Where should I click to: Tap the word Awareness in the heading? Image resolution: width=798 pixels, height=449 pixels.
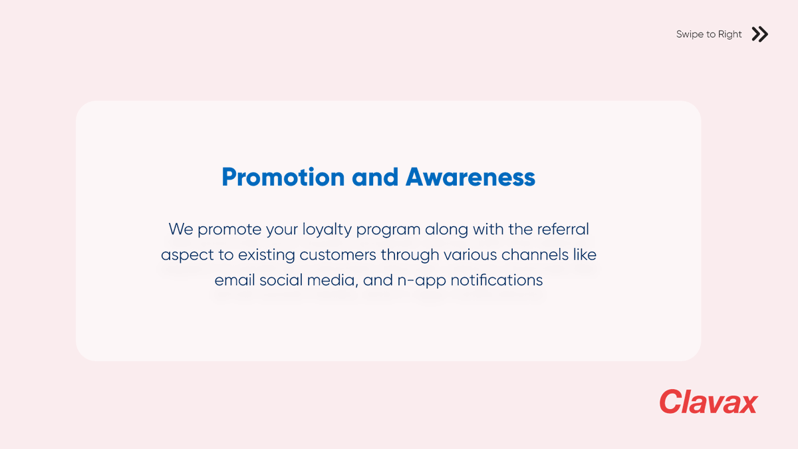(x=470, y=177)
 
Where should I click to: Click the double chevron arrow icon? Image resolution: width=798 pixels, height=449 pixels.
(x=759, y=34)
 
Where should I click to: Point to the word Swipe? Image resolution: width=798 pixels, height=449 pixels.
(x=690, y=34)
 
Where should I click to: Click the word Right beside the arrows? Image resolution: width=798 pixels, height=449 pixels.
(x=730, y=34)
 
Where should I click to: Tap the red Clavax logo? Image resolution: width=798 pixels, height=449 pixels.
(x=708, y=402)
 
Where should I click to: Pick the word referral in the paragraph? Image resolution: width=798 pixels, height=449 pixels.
(x=563, y=229)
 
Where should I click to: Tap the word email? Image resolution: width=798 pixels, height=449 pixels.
(x=235, y=280)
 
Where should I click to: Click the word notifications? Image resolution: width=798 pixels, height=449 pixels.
(x=497, y=280)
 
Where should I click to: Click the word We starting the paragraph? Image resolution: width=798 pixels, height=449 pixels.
(x=180, y=229)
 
